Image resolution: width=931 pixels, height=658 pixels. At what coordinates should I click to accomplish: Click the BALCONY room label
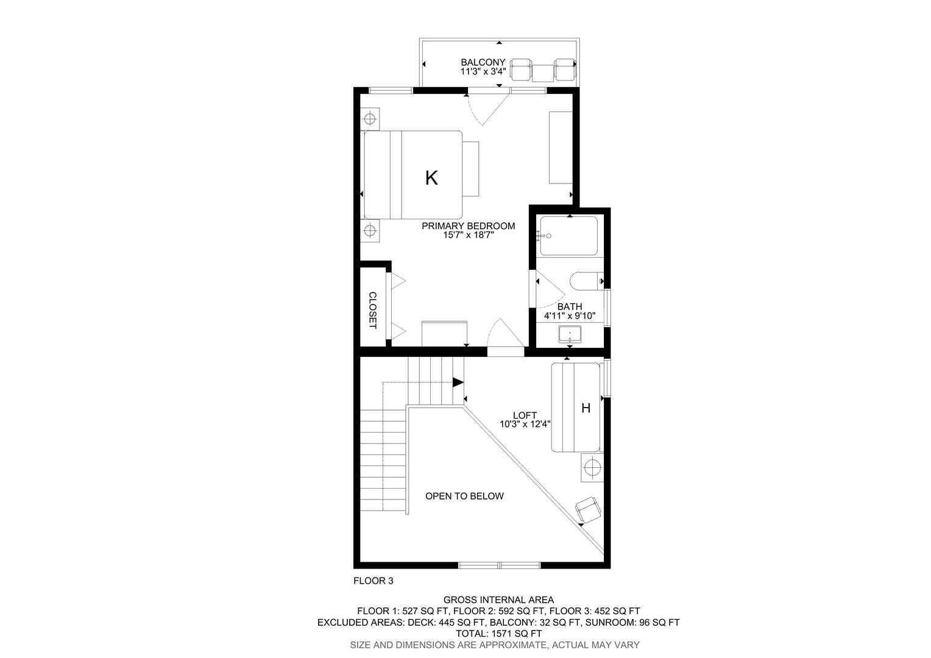point(483,62)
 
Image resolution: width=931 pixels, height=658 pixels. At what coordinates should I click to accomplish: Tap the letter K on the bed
point(431,178)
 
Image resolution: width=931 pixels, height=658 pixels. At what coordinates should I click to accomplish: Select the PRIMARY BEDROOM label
point(469,226)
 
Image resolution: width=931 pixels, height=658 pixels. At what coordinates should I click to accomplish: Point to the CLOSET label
point(373,310)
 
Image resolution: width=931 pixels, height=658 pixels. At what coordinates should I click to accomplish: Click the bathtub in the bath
point(569,236)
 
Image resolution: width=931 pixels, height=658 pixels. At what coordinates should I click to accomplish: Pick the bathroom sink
point(570,335)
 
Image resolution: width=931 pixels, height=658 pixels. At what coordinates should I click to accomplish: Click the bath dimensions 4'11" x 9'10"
point(570,316)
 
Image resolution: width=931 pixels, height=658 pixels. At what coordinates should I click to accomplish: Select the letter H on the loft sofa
point(586,408)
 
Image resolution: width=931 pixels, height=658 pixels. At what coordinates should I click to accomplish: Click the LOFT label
point(525,416)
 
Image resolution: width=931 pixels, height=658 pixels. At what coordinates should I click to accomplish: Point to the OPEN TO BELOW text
point(464,496)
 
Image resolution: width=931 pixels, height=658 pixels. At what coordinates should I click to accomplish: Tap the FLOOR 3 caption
point(373,581)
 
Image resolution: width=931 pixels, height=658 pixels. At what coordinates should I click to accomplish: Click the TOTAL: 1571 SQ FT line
point(499,634)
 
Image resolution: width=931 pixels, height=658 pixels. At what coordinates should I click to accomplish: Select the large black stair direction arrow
point(458,383)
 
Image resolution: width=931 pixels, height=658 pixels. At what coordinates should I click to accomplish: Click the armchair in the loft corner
point(588,510)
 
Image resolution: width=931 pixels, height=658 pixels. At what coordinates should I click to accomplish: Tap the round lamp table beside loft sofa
point(592,468)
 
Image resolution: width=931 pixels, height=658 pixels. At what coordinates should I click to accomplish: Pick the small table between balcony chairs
point(543,73)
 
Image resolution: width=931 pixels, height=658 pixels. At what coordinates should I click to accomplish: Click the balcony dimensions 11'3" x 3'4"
point(483,71)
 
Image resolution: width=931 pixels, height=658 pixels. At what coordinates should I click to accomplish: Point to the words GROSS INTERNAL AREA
point(499,600)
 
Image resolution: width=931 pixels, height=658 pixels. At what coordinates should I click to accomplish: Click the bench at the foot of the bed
point(471,169)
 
